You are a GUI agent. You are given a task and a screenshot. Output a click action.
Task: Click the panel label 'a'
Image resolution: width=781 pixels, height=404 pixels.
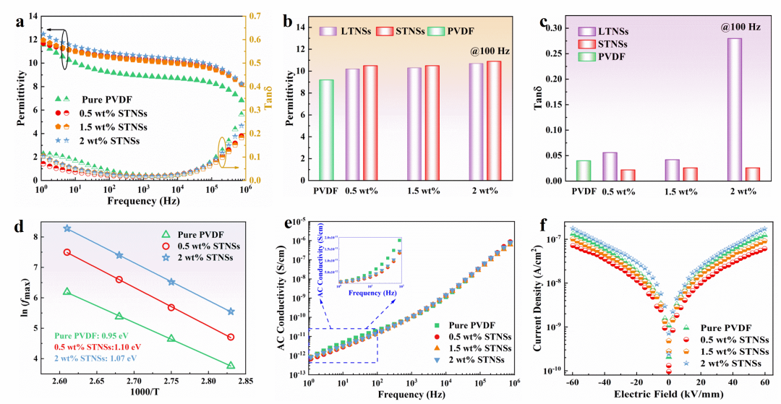coord(19,21)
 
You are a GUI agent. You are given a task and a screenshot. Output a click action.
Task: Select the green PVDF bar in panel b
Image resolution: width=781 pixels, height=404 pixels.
coord(326,130)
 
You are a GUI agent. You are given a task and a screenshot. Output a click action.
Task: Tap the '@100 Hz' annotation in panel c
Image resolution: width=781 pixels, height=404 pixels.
coord(740,27)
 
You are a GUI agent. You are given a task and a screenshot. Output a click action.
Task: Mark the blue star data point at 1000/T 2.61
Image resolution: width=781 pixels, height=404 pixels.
coord(67,228)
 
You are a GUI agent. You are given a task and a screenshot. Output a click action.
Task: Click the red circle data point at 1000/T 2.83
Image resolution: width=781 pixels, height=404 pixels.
coord(231,337)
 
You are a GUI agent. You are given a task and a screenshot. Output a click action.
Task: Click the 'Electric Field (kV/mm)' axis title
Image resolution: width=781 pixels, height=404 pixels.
coord(655,395)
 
